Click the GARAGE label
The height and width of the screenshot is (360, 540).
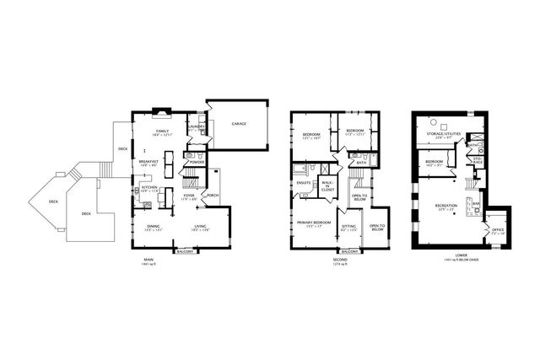tap(239, 123)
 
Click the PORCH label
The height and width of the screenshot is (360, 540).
tap(212, 196)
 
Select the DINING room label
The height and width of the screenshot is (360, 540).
tap(154, 226)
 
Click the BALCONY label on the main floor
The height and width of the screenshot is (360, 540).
tap(185, 251)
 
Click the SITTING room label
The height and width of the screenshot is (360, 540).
tap(348, 226)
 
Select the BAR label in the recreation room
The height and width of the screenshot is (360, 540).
tap(476, 202)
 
